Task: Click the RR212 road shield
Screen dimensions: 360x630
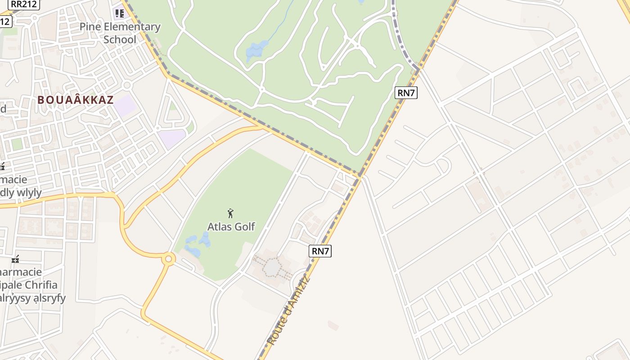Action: pyautogui.click(x=23, y=4)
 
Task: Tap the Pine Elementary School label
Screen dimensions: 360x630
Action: pyautogui.click(x=120, y=33)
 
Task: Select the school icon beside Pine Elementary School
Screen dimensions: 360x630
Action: pyautogui.click(x=119, y=13)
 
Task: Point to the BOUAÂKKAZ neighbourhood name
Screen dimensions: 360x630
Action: pyautogui.click(x=76, y=100)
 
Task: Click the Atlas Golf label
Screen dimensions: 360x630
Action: pyautogui.click(x=231, y=226)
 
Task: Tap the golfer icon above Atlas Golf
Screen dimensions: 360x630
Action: pyautogui.click(x=230, y=213)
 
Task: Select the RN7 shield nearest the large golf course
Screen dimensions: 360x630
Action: pyautogui.click(x=406, y=93)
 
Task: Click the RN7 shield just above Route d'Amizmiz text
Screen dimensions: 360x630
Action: pyautogui.click(x=320, y=251)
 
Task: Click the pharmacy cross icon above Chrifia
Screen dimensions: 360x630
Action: pyautogui.click(x=16, y=259)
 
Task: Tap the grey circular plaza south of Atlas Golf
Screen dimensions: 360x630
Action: pyautogui.click(x=272, y=268)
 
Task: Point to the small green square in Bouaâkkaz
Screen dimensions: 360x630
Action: pyautogui.click(x=17, y=144)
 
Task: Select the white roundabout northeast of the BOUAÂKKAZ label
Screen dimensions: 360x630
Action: pyautogui.click(x=126, y=85)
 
